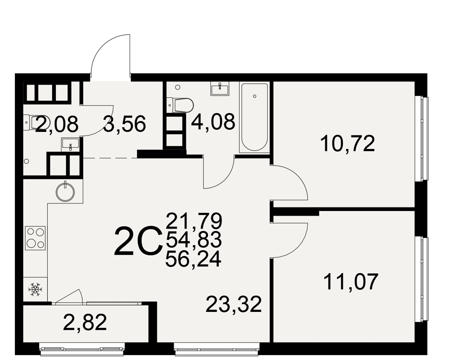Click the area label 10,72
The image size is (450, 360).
347,144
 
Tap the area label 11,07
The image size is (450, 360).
351,282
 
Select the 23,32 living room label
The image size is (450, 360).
234,304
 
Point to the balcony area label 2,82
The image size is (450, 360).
85,322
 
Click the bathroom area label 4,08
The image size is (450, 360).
213,121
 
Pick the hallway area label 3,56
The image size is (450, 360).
125,124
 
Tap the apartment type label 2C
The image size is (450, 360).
137,241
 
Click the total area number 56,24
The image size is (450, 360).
193,259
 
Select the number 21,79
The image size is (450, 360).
194,220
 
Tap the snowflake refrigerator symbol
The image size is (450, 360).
35,289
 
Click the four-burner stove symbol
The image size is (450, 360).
36,238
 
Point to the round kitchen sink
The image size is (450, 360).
66,192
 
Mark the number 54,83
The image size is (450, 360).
193,240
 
